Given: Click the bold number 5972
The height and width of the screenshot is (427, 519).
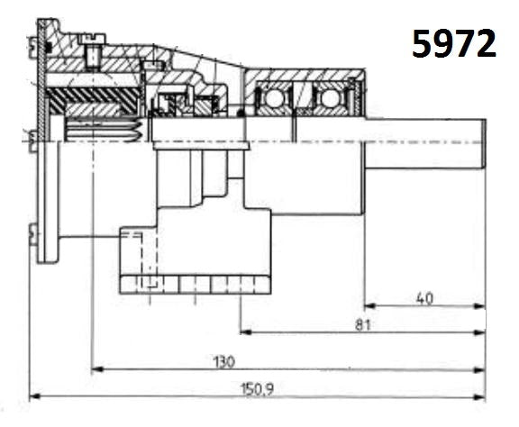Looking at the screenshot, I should (454, 42).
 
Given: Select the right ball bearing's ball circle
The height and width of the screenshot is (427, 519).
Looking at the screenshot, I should (330, 97).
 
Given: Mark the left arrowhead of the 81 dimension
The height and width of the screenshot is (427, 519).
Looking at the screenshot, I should (245, 332).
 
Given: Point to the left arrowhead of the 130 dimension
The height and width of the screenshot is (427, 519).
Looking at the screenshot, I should (98, 368).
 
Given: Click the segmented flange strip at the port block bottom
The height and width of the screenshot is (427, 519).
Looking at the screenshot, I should (195, 286).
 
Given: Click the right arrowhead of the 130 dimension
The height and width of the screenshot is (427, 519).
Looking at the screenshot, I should (481, 368).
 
